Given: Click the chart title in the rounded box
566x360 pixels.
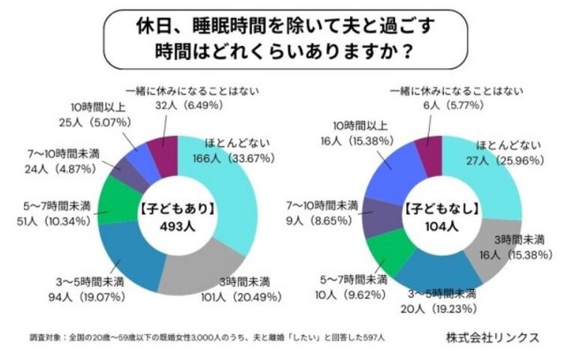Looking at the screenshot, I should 283,34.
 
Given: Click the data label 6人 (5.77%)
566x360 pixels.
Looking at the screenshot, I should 440,103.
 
